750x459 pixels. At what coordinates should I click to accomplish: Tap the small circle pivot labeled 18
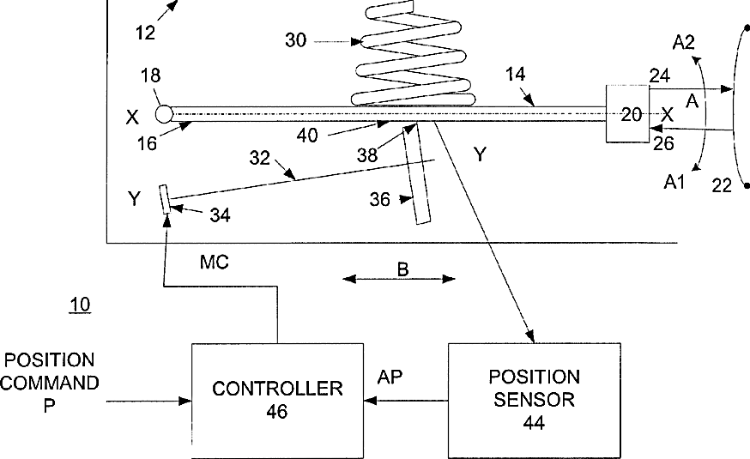point(164,114)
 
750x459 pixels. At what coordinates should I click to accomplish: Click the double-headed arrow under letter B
point(399,279)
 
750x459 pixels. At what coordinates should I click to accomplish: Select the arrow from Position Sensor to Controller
point(406,401)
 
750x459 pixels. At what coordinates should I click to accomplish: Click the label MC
point(215,262)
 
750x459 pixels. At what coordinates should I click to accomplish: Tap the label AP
point(390,377)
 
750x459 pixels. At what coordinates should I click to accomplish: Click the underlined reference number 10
point(80,305)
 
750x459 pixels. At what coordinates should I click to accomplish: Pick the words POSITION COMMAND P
point(50,383)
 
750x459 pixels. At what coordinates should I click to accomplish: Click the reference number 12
point(145,33)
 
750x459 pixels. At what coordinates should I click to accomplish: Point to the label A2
point(684,43)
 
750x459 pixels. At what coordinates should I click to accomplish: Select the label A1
point(674,182)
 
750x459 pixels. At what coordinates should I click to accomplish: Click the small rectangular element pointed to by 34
point(166,199)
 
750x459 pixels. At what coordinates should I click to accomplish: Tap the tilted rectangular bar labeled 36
point(416,173)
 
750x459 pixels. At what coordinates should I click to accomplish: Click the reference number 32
point(260,157)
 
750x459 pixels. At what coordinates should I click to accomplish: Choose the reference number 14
point(516,74)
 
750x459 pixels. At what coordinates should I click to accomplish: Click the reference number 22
point(722,185)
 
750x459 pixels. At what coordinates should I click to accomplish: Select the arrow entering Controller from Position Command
point(148,402)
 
